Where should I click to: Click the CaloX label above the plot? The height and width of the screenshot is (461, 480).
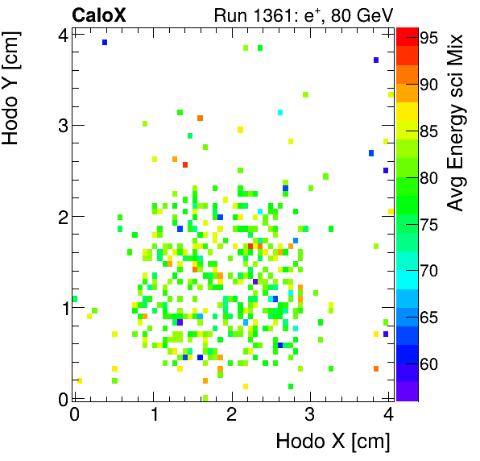pos(100,15)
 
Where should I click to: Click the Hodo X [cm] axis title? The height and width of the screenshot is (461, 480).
pos(333,442)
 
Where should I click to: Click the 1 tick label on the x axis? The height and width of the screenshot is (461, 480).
pos(153,414)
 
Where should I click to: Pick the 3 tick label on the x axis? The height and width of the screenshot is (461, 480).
pos(310,414)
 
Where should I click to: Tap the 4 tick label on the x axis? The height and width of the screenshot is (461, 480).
pos(388,414)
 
